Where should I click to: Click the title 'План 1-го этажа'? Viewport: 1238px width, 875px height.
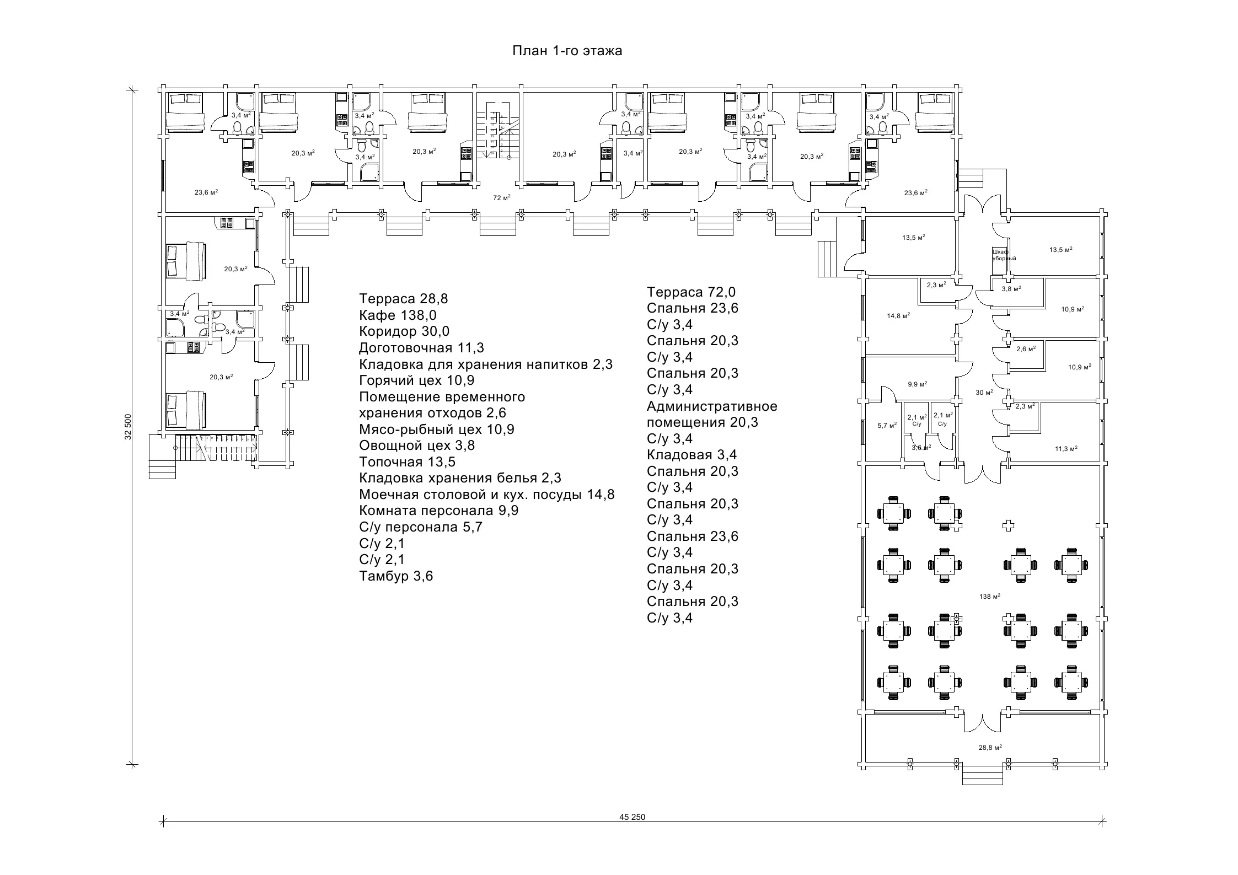pyautogui.click(x=567, y=51)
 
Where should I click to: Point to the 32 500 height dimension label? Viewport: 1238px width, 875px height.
pyautogui.click(x=128, y=427)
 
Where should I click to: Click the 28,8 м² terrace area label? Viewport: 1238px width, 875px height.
pyautogui.click(x=990, y=747)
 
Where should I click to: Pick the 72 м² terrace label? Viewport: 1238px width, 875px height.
pyautogui.click(x=501, y=197)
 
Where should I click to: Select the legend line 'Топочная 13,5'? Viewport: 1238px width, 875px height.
pyautogui.click(x=407, y=461)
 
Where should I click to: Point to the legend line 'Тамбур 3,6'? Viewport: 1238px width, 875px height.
pyautogui.click(x=396, y=576)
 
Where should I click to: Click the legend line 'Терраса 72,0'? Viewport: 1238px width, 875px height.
pyautogui.click(x=690, y=292)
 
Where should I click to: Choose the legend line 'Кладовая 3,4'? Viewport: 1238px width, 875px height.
pyautogui.click(x=692, y=455)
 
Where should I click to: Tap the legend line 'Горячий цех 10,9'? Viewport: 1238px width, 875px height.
pyautogui.click(x=416, y=380)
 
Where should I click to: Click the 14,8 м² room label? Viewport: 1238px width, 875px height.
pyautogui.click(x=898, y=316)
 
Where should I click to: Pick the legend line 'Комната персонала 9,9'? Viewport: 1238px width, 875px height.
pyautogui.click(x=438, y=510)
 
